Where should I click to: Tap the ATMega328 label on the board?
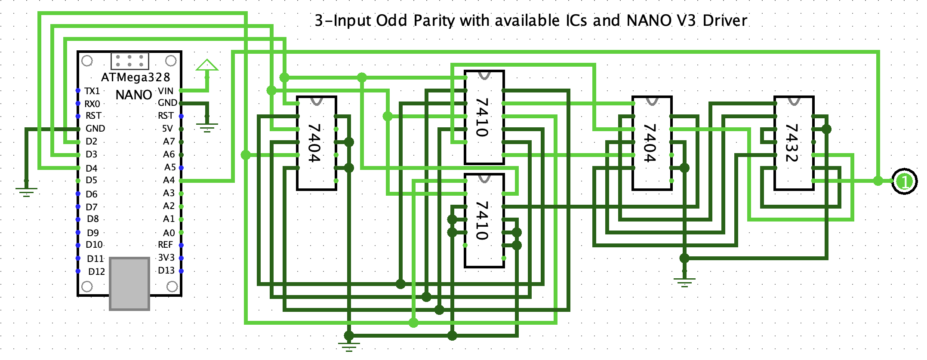pos(136,77)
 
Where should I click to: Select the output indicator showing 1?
pos(904,182)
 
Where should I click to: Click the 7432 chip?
pos(794,143)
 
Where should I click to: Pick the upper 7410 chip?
pos(484,117)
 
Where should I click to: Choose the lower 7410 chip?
pos(484,220)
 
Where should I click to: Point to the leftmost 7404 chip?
pos(316,143)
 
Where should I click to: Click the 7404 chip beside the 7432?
pos(652,143)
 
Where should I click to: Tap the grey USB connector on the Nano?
pos(129,283)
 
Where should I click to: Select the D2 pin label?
pos(92,142)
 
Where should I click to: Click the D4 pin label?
pos(92,168)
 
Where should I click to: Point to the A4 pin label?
pos(169,180)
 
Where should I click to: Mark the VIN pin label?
pos(166,91)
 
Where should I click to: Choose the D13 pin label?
pos(166,271)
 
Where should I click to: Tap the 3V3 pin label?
pos(166,258)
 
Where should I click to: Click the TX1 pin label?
pos(92,91)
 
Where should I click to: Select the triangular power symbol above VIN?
pos(207,65)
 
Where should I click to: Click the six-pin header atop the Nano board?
pos(129,61)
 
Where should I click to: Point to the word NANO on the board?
pos(134,95)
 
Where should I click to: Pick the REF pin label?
pos(165,245)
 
